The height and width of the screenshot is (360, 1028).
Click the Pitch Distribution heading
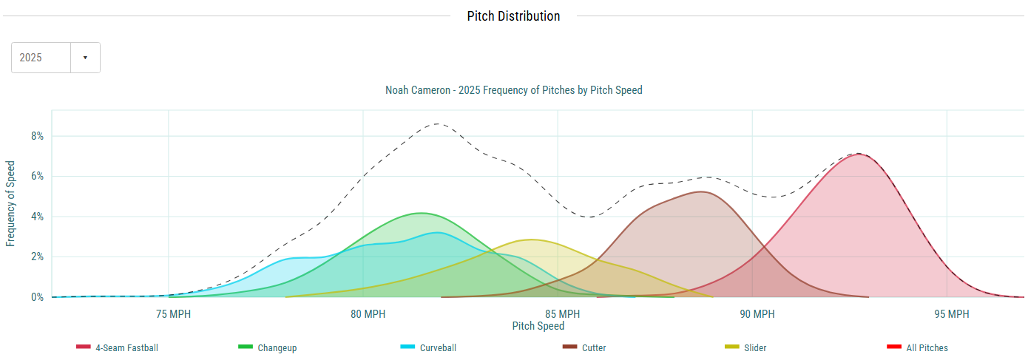tap(513, 16)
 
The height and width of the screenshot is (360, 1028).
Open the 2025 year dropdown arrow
tap(85, 58)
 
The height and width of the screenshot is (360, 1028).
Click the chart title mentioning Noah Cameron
tap(513, 90)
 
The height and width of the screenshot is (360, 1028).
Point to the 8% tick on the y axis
tap(36, 136)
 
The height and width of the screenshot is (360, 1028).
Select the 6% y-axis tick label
tap(36, 177)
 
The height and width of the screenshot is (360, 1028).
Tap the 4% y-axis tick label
tap(36, 217)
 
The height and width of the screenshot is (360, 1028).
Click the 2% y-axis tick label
tap(36, 257)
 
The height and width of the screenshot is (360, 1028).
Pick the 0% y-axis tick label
tap(36, 297)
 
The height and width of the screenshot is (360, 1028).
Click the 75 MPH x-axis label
tap(169, 314)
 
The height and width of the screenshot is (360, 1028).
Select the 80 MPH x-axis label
tap(363, 314)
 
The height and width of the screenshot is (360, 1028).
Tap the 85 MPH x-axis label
tap(558, 314)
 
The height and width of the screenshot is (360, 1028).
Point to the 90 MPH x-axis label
tap(753, 314)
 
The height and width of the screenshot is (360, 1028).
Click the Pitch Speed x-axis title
tap(538, 326)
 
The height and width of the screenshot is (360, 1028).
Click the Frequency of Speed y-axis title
tap(10, 203)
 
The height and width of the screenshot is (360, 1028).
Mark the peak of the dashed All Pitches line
tap(438, 123)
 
